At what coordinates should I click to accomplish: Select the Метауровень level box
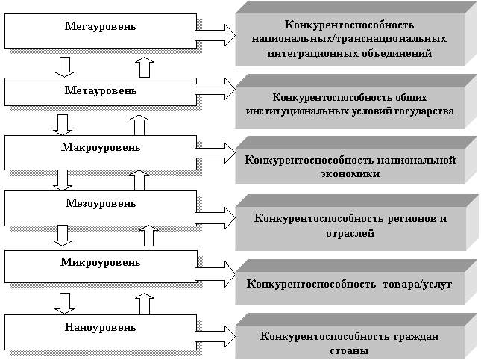click(x=100, y=91)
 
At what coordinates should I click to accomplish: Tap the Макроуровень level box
click(x=100, y=152)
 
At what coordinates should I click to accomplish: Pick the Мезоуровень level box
click(x=100, y=207)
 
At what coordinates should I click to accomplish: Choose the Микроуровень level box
click(x=100, y=267)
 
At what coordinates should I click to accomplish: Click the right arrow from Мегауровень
click(x=216, y=34)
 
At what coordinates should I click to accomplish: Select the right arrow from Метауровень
click(x=216, y=90)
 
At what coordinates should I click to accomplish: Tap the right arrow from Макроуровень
click(x=216, y=153)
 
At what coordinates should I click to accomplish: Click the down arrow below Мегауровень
click(x=65, y=66)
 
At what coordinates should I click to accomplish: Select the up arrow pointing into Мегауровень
click(x=145, y=67)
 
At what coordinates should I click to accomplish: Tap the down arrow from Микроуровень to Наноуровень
click(x=65, y=302)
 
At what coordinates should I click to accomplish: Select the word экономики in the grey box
click(x=348, y=173)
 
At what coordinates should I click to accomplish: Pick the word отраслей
click(x=348, y=234)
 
